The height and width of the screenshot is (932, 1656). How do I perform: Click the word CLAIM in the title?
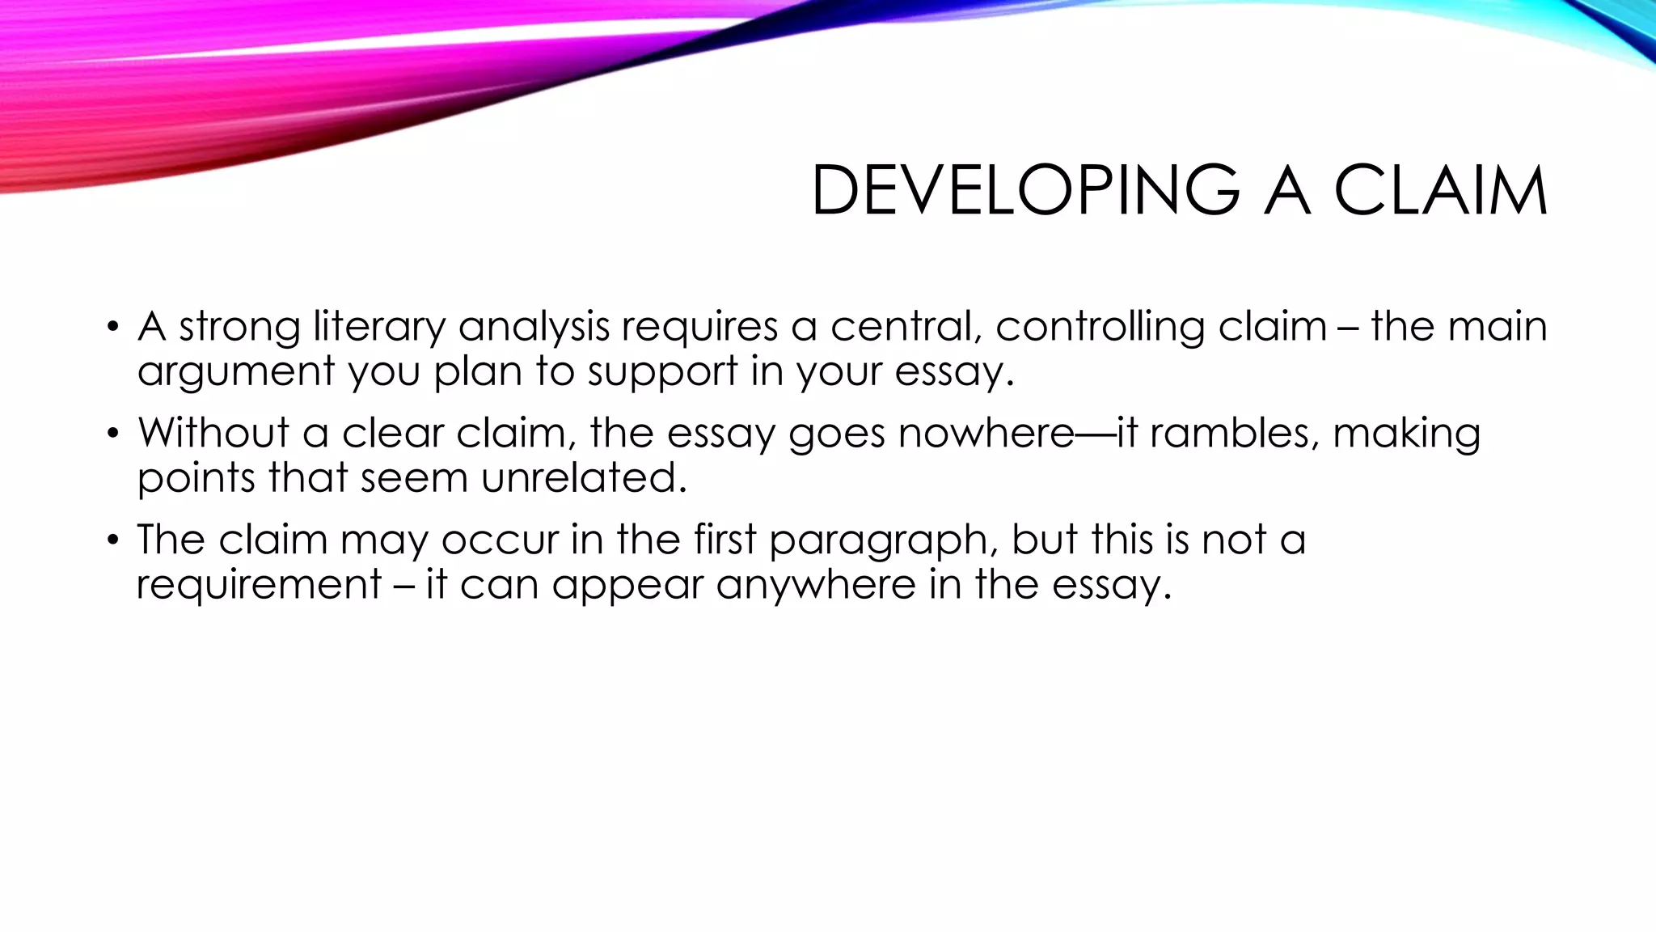[x=1440, y=191]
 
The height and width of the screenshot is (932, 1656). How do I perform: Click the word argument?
[x=236, y=372]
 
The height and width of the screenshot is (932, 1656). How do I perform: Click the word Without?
[x=213, y=433]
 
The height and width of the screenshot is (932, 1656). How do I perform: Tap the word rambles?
[x=1235, y=433]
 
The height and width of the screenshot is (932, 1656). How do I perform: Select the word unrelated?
[x=584, y=477]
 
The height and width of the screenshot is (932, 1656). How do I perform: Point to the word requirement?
[x=259, y=584]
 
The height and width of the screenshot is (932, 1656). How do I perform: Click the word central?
[x=906, y=328]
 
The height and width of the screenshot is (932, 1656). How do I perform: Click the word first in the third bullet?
[x=724, y=540]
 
